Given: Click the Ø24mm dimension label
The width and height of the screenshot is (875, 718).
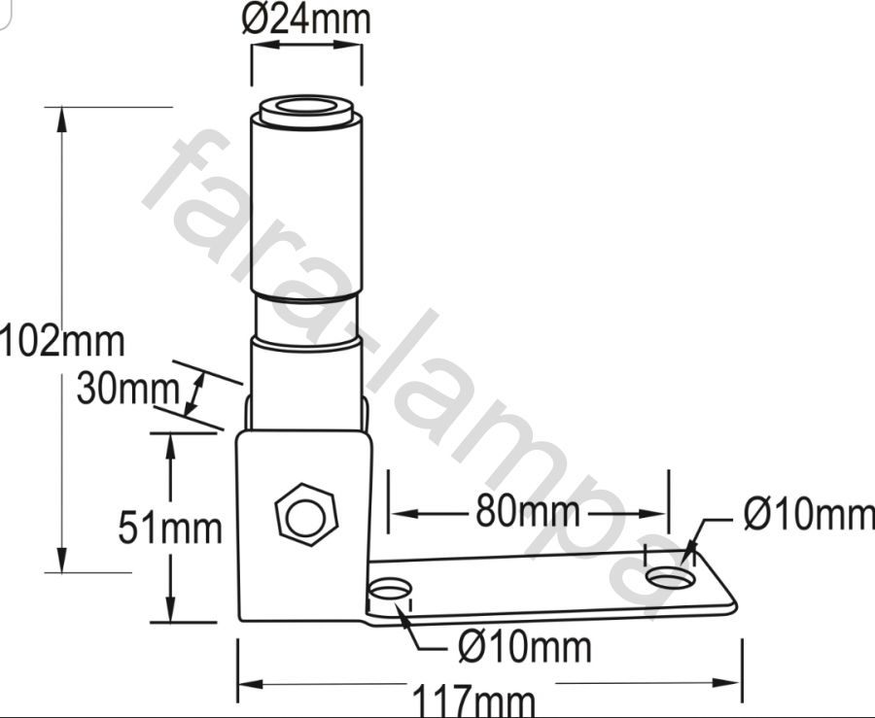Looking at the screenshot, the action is point(306,19).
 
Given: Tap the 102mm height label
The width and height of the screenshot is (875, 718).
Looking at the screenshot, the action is point(62,341).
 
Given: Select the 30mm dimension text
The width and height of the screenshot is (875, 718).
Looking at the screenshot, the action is point(127,388).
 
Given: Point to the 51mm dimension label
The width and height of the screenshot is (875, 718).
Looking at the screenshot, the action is point(170,528).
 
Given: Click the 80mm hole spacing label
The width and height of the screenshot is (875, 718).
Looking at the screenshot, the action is point(528,512).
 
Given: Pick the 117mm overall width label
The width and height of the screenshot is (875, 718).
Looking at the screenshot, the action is point(473,701).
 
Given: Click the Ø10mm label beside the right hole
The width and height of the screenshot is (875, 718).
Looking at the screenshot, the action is point(809,515).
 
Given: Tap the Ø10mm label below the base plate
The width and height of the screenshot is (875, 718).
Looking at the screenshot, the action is point(525,647).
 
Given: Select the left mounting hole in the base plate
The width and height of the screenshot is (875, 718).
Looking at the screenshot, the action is point(390,589).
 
